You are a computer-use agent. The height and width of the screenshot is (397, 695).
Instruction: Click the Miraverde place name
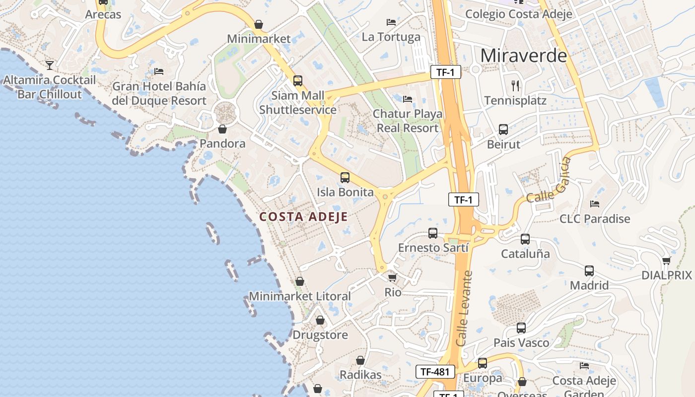click(x=523, y=55)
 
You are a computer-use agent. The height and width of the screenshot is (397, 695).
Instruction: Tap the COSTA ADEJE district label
click(x=303, y=217)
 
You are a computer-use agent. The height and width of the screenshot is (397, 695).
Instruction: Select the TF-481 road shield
click(x=435, y=371)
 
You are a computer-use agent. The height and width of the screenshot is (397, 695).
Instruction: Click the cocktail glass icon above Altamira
click(x=50, y=65)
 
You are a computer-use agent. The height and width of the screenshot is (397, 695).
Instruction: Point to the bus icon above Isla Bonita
click(x=345, y=177)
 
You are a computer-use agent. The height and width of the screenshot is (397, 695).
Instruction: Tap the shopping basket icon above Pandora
click(x=222, y=129)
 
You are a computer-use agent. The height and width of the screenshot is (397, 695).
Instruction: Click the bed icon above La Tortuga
click(x=391, y=22)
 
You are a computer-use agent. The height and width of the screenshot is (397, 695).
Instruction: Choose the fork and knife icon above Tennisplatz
click(x=515, y=86)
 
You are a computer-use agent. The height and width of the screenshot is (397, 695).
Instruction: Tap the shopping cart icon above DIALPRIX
click(x=666, y=261)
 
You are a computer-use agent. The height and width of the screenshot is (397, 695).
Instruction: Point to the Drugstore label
click(x=320, y=335)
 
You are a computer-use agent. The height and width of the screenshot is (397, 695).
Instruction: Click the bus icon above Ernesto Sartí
click(x=433, y=233)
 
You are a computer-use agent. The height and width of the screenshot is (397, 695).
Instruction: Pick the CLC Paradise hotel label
click(x=594, y=219)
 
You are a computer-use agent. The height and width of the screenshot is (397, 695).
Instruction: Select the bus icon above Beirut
click(x=503, y=130)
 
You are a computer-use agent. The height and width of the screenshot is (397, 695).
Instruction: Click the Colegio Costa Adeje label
click(x=518, y=14)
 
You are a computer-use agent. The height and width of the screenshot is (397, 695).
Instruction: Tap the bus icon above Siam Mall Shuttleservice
click(x=298, y=80)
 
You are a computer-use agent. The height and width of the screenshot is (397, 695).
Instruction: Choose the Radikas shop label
click(x=360, y=375)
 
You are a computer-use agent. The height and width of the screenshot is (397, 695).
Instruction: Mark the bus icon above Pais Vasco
click(x=521, y=328)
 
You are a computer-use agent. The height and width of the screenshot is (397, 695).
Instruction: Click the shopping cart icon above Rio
click(x=393, y=277)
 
